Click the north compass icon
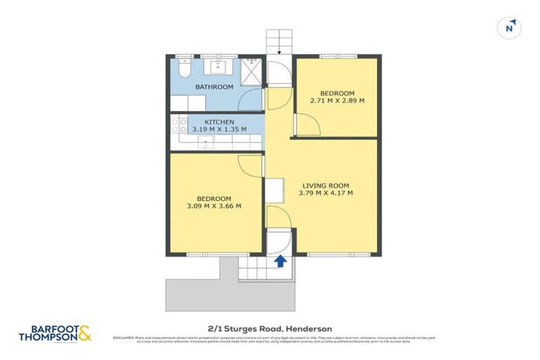(x=510, y=28)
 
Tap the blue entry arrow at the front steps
(x=280, y=262)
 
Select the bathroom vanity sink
(x=217, y=67)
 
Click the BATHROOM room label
(x=214, y=87)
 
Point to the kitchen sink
(x=205, y=144)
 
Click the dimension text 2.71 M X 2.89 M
(x=337, y=101)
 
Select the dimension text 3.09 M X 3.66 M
(x=214, y=206)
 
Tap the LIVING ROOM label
(x=326, y=185)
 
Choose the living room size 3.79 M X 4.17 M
(x=326, y=193)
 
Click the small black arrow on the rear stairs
(x=280, y=50)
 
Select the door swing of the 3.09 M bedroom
(x=250, y=165)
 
